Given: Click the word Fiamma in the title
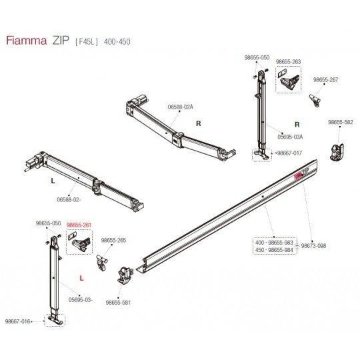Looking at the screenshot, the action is click(27, 41).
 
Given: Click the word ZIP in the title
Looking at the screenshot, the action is click(61, 41).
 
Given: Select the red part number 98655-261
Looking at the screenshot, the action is click(79, 225).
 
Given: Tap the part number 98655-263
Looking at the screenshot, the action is click(288, 62).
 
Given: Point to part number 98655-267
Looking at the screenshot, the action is click(326, 80).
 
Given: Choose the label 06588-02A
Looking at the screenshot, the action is click(181, 107).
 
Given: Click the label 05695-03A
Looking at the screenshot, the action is click(290, 137).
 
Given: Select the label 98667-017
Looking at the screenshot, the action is click(289, 153).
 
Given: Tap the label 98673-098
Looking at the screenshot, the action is click(313, 245).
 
